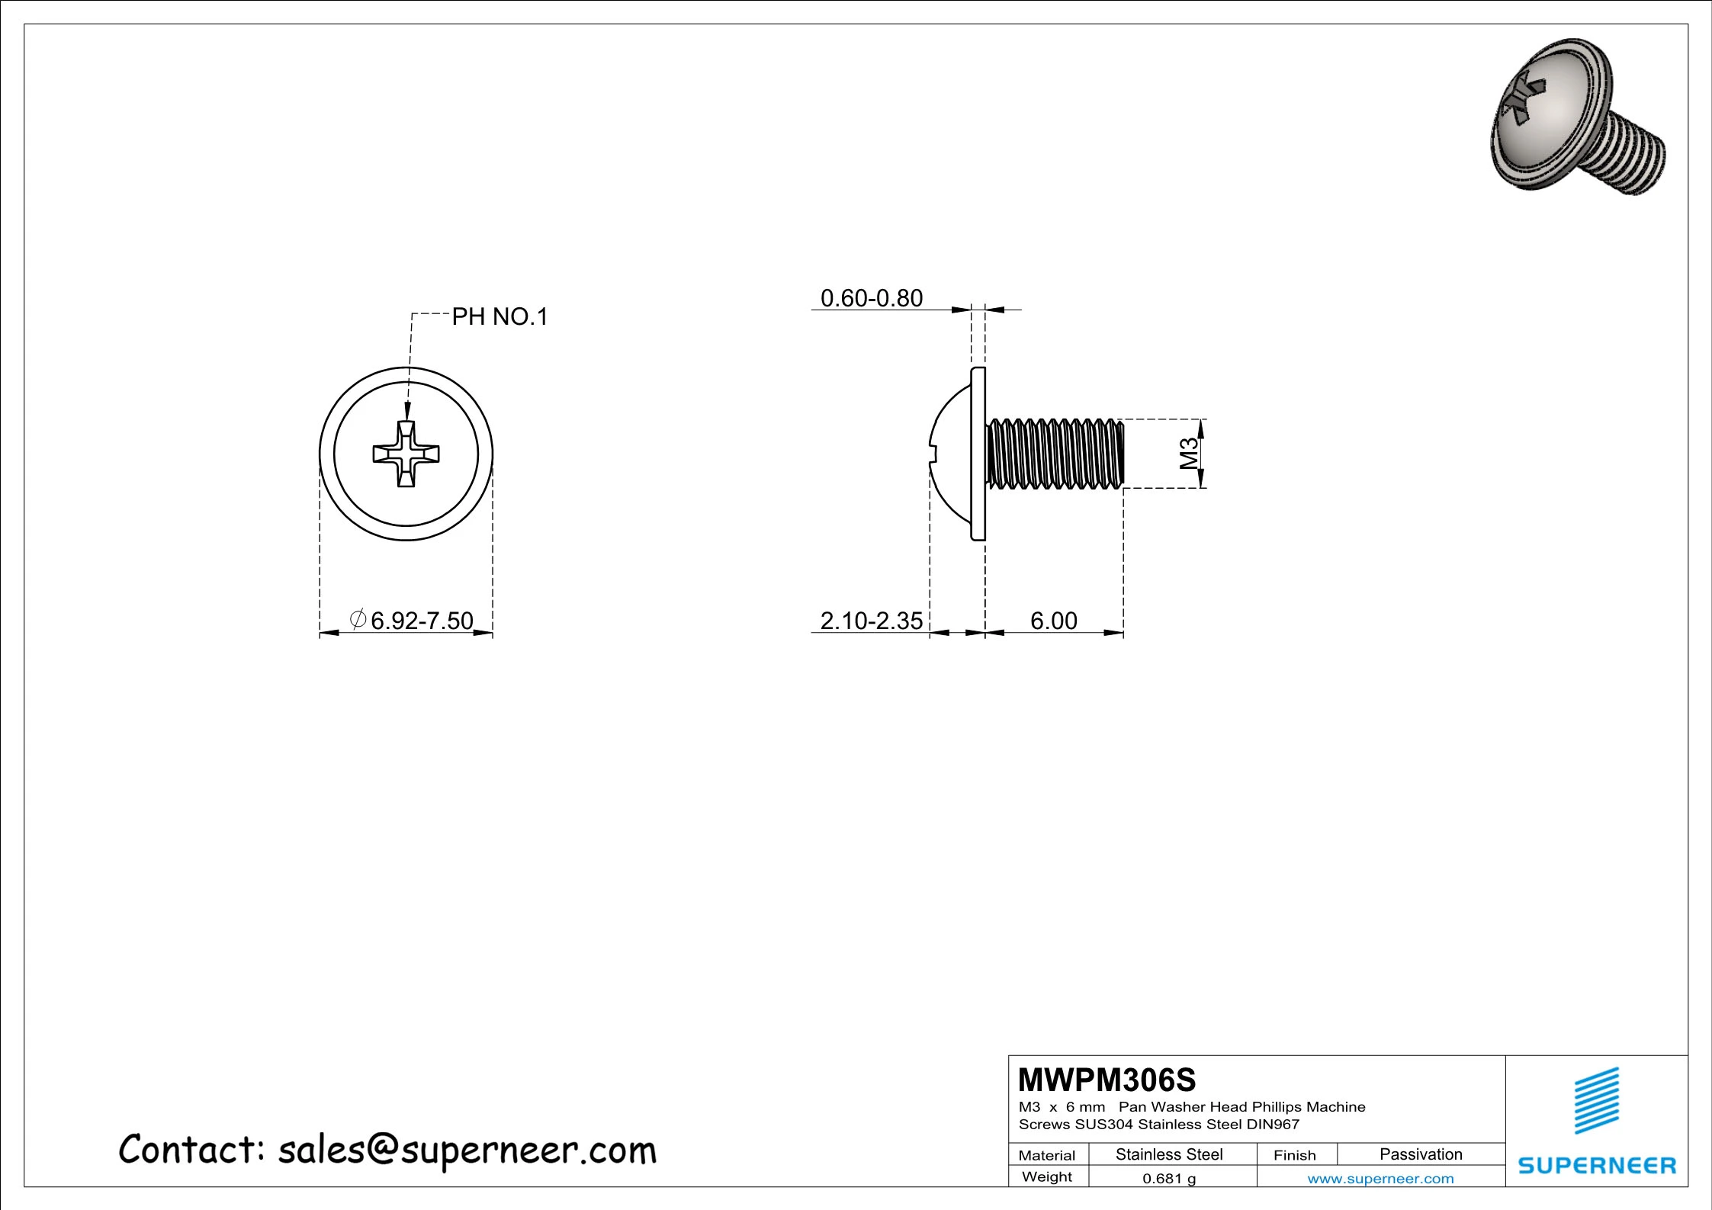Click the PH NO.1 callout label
tap(499, 316)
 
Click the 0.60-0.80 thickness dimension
tap(871, 298)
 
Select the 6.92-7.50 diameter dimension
tap(421, 621)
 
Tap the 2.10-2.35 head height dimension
tap(871, 621)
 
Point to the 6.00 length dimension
tap(1053, 621)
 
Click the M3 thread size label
tap(1189, 454)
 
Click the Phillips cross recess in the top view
tap(406, 454)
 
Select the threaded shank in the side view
tap(1055, 454)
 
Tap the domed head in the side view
tap(952, 454)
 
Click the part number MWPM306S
tap(1107, 1080)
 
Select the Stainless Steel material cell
tap(1169, 1154)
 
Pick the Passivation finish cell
tap(1421, 1154)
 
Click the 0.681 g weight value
tap(1169, 1179)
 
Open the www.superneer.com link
tap(1380, 1179)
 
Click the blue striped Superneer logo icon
tap(1596, 1100)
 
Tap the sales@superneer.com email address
tap(467, 1150)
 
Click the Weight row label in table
tap(1046, 1177)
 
